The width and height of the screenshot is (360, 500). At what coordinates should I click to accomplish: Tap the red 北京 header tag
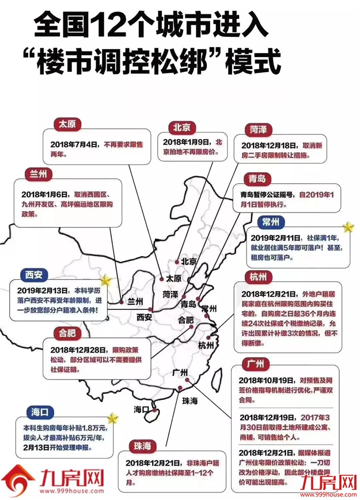click(x=184, y=127)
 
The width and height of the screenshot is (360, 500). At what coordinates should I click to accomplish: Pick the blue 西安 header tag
click(x=34, y=274)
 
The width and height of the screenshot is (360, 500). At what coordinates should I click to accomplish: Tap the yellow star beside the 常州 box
click(x=348, y=226)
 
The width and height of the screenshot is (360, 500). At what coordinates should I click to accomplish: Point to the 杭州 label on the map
click(x=205, y=345)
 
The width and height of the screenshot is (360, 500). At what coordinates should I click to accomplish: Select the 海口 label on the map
click(x=142, y=410)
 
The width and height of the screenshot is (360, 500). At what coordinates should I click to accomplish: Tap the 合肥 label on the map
click(x=185, y=320)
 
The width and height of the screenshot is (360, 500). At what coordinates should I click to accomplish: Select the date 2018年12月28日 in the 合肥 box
click(x=77, y=349)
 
